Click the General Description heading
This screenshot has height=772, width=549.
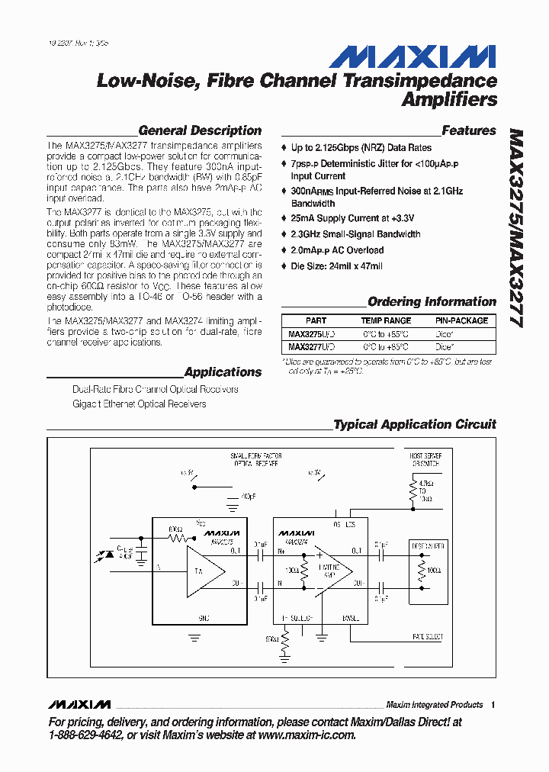click(200, 130)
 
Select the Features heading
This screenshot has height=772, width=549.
click(469, 130)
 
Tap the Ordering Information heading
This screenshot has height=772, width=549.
click(432, 301)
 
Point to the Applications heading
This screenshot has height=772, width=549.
click(223, 372)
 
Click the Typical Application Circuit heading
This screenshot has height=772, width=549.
click(415, 424)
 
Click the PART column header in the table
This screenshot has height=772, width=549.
click(316, 321)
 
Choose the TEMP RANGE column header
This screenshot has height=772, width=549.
click(386, 321)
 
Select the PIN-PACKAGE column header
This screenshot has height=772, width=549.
click(461, 321)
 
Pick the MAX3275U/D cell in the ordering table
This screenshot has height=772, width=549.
click(311, 334)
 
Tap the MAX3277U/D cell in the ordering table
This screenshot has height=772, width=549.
click(311, 347)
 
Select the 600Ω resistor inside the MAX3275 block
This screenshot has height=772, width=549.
click(177, 537)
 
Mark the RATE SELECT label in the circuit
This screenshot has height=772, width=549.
click(427, 636)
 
